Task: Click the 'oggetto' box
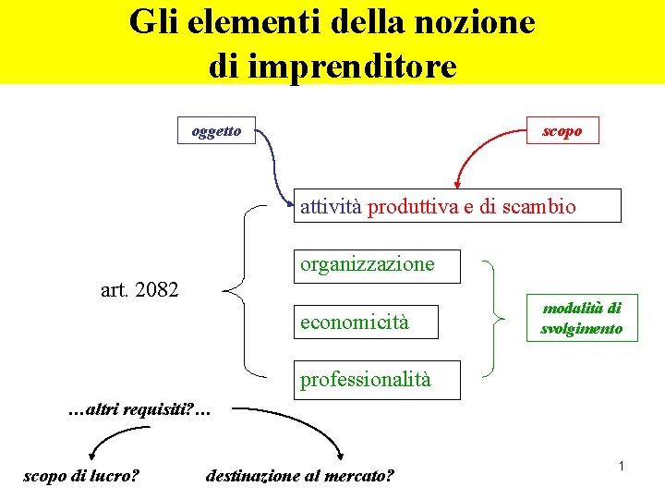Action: tap(216, 131)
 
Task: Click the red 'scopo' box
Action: tap(562, 131)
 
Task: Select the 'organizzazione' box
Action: tap(367, 264)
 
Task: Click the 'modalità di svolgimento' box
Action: tap(582, 318)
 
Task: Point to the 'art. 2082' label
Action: tap(139, 289)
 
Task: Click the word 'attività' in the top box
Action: tap(331, 207)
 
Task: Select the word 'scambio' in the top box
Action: tap(541, 207)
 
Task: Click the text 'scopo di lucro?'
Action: tap(81, 476)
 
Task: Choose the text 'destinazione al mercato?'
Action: tap(300, 476)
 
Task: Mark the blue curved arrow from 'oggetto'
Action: tap(272, 162)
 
